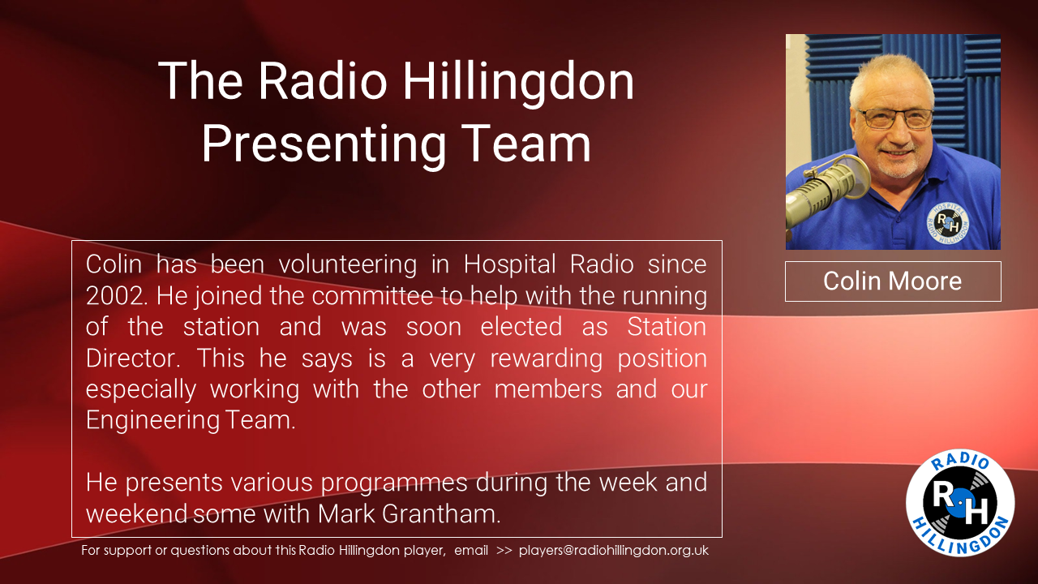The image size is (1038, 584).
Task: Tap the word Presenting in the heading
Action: (x=324, y=145)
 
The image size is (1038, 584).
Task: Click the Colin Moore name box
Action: (x=893, y=281)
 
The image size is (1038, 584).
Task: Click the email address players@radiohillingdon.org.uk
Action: (x=614, y=551)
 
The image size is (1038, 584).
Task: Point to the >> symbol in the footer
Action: (x=504, y=551)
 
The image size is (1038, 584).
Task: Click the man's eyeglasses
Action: (x=895, y=118)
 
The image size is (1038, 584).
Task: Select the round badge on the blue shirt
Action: (x=948, y=224)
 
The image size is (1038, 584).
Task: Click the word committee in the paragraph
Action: (x=372, y=296)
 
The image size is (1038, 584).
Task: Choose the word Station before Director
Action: (x=667, y=326)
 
